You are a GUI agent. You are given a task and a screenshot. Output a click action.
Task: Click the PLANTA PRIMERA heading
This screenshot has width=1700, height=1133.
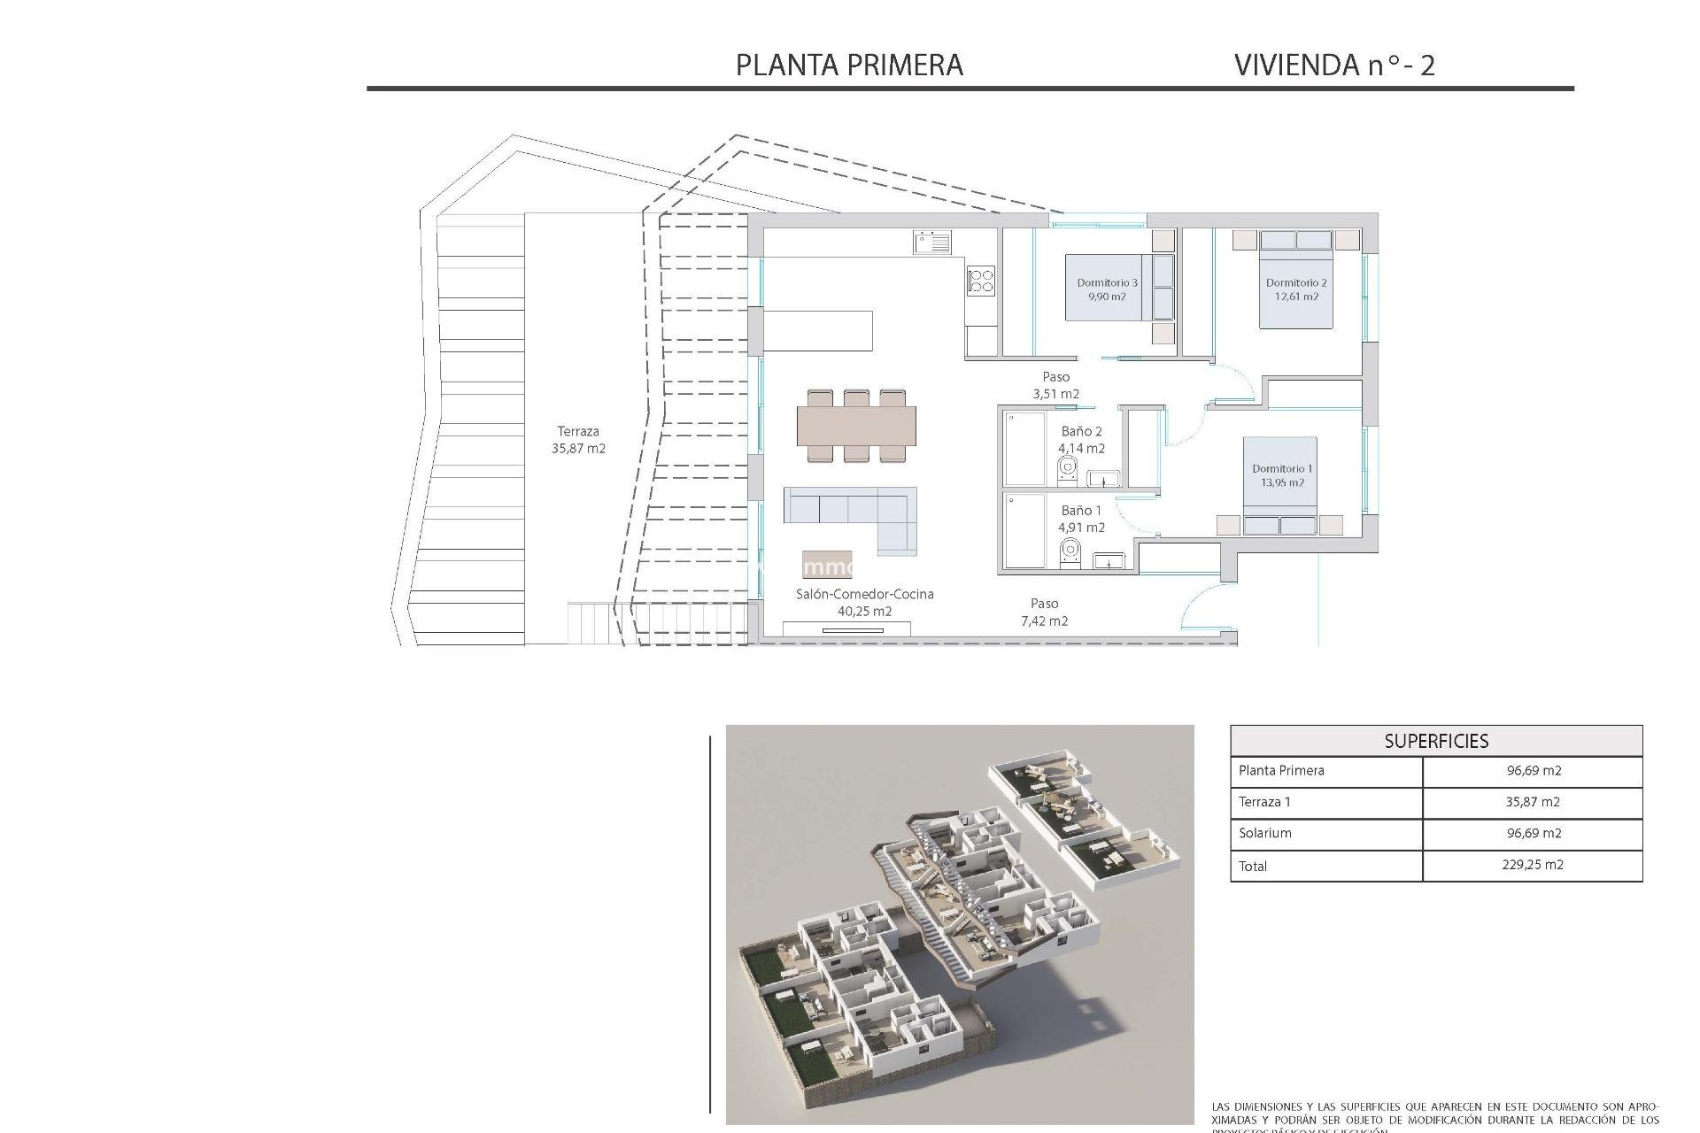pos(849,65)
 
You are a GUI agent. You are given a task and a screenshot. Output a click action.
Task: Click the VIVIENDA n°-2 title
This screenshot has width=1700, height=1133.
pos(1333,65)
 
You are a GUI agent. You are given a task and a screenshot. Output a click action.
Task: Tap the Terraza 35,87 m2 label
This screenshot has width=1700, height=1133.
pos(578,440)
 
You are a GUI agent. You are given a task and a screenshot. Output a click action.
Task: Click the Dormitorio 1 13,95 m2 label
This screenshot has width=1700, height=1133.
pos(1282,475)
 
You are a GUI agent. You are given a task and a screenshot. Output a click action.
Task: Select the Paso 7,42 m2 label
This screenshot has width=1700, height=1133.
pos(1044,612)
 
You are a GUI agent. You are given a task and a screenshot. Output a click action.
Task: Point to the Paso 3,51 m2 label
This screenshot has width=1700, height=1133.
pos(1055,385)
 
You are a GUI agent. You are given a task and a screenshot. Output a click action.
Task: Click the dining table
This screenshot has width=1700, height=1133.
pos(856,426)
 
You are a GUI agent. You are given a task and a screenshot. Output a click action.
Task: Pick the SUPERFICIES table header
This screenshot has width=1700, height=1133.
pos(1435,741)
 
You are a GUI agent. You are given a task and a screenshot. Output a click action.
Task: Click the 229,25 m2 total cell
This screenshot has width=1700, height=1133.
pos(1532,865)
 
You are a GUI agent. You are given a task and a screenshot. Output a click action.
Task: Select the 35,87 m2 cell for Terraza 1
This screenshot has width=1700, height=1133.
pos(1532,802)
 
